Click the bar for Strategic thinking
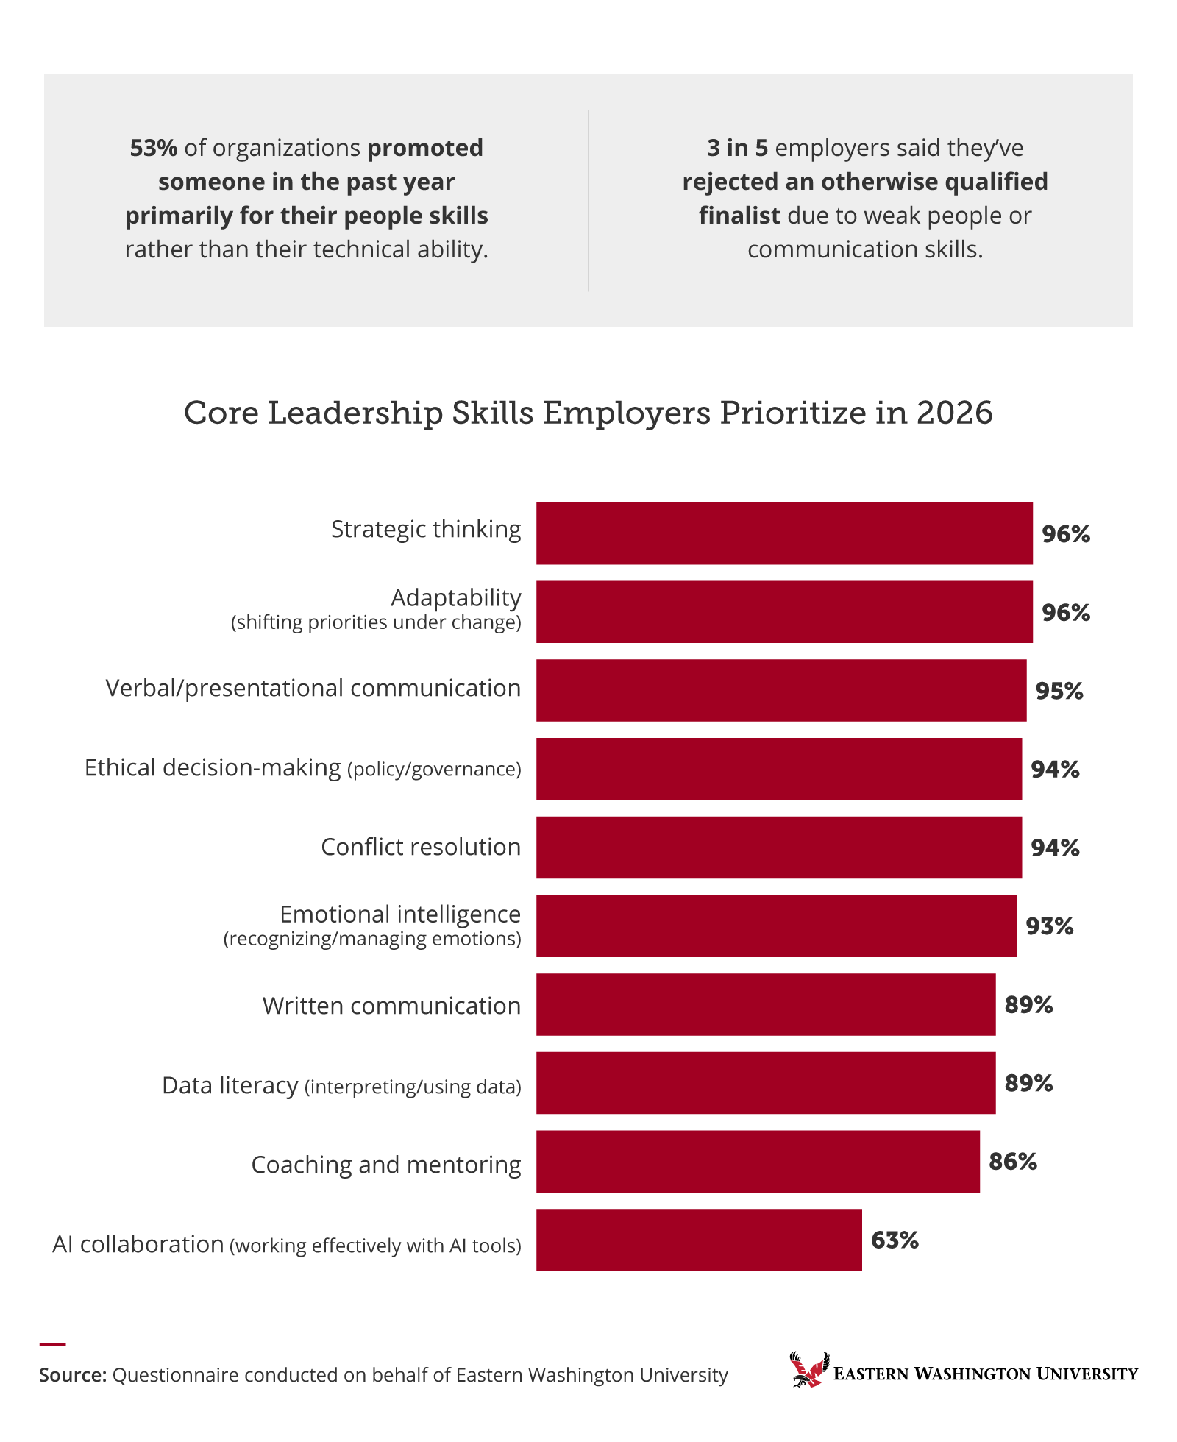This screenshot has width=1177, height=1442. tap(783, 533)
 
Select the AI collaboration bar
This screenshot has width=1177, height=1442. tap(699, 1240)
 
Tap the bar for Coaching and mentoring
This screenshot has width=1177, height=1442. tap(758, 1161)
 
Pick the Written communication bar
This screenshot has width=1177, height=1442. tap(765, 1004)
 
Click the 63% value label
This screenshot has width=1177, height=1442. tap(895, 1240)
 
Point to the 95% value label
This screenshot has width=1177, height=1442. tap(1059, 691)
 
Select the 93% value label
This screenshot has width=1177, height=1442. tap(1050, 926)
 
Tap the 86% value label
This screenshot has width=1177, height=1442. tap(1013, 1162)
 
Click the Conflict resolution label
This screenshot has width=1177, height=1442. tap(421, 847)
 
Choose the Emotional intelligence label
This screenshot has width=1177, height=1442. tap(400, 914)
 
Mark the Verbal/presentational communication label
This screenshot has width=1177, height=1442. tap(313, 688)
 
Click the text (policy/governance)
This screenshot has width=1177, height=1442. tap(434, 770)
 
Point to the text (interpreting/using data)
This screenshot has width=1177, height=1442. tap(413, 1087)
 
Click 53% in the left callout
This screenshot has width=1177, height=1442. tap(153, 148)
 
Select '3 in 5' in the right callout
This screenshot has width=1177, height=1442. tap(737, 148)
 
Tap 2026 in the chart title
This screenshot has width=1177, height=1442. tap(954, 413)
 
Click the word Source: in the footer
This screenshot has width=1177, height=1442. tap(73, 1375)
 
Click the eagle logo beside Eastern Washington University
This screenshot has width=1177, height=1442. tap(808, 1370)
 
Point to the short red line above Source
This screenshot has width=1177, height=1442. tap(52, 1344)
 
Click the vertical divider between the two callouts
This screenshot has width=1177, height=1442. tap(588, 200)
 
